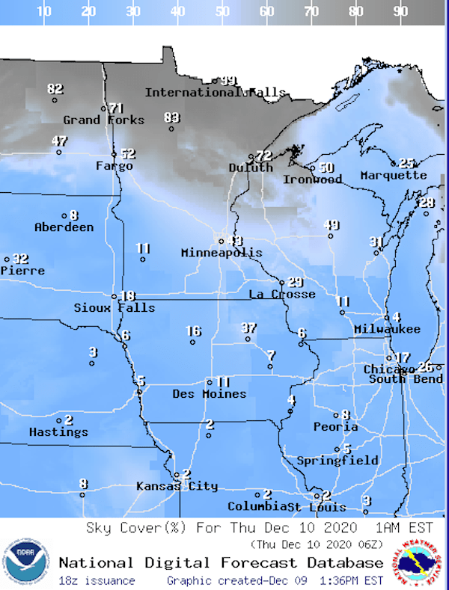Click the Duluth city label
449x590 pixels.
[251, 168]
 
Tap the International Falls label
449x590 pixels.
[215, 93]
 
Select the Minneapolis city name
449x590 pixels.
[222, 253]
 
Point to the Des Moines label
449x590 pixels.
[209, 393]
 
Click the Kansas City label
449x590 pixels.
[177, 486]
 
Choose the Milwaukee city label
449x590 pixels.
[387, 329]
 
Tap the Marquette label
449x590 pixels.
[393, 175]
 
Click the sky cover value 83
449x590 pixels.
[172, 117]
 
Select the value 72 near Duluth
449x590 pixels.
[263, 156]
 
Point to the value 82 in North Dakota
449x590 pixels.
[55, 89]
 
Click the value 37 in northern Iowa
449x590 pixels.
[249, 328]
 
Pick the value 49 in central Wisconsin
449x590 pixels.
[331, 225]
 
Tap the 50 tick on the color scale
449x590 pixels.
[222, 11]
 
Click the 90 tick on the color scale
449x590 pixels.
[400, 11]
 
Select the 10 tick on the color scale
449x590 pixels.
[44, 11]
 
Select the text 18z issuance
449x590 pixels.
[97, 580]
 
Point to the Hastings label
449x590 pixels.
[58, 431]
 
